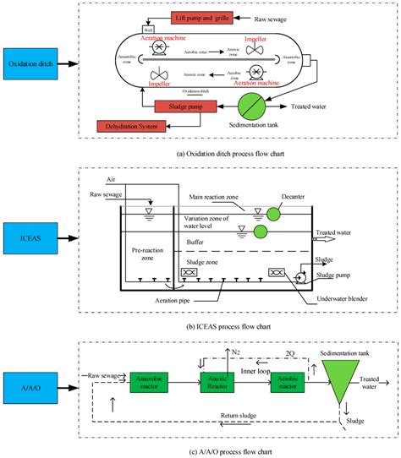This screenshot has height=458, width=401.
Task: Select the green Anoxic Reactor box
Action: click(218, 380)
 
